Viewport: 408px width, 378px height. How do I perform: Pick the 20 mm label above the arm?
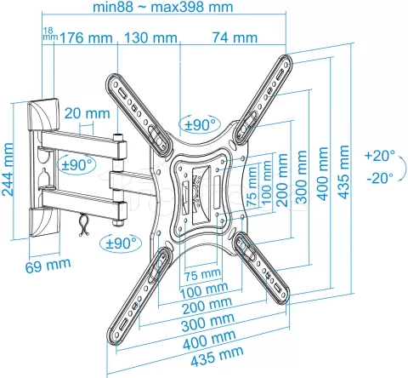tap(86, 113)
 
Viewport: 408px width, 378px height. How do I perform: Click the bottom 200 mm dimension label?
tap(208, 303)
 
